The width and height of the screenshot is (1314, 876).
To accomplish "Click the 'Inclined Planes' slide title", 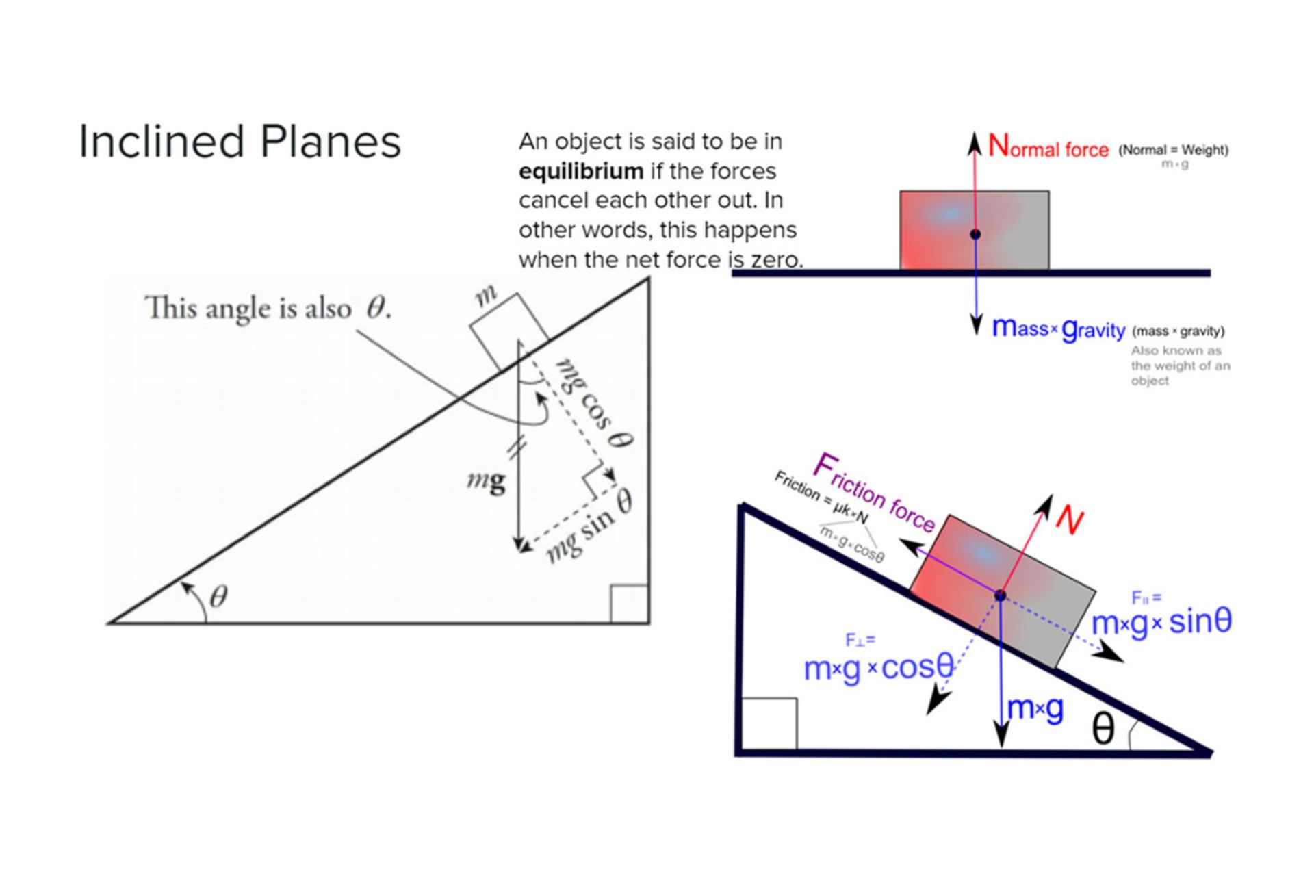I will [240, 142].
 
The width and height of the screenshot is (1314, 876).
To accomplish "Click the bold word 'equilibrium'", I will [580, 171].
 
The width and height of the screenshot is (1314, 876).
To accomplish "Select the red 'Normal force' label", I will [1048, 147].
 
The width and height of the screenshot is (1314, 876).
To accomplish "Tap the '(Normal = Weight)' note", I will [1173, 150].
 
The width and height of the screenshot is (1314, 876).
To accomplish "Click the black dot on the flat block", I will [975, 234].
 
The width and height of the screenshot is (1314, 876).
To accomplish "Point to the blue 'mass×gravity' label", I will [1058, 329].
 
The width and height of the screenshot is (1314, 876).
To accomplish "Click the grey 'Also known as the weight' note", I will [1180, 365].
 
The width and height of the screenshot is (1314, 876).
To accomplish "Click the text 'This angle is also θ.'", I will [268, 308].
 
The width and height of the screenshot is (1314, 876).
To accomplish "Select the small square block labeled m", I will [508, 331].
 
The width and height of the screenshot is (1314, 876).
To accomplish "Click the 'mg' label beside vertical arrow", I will [487, 480].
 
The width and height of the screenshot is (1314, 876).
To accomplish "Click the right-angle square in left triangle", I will [629, 604].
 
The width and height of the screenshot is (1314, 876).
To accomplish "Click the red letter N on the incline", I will [1069, 520].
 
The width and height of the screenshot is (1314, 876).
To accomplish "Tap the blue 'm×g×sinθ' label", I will [1161, 622].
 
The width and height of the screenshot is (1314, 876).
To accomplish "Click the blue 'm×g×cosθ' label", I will [879, 667].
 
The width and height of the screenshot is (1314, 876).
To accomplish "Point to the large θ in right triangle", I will [1103, 729].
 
